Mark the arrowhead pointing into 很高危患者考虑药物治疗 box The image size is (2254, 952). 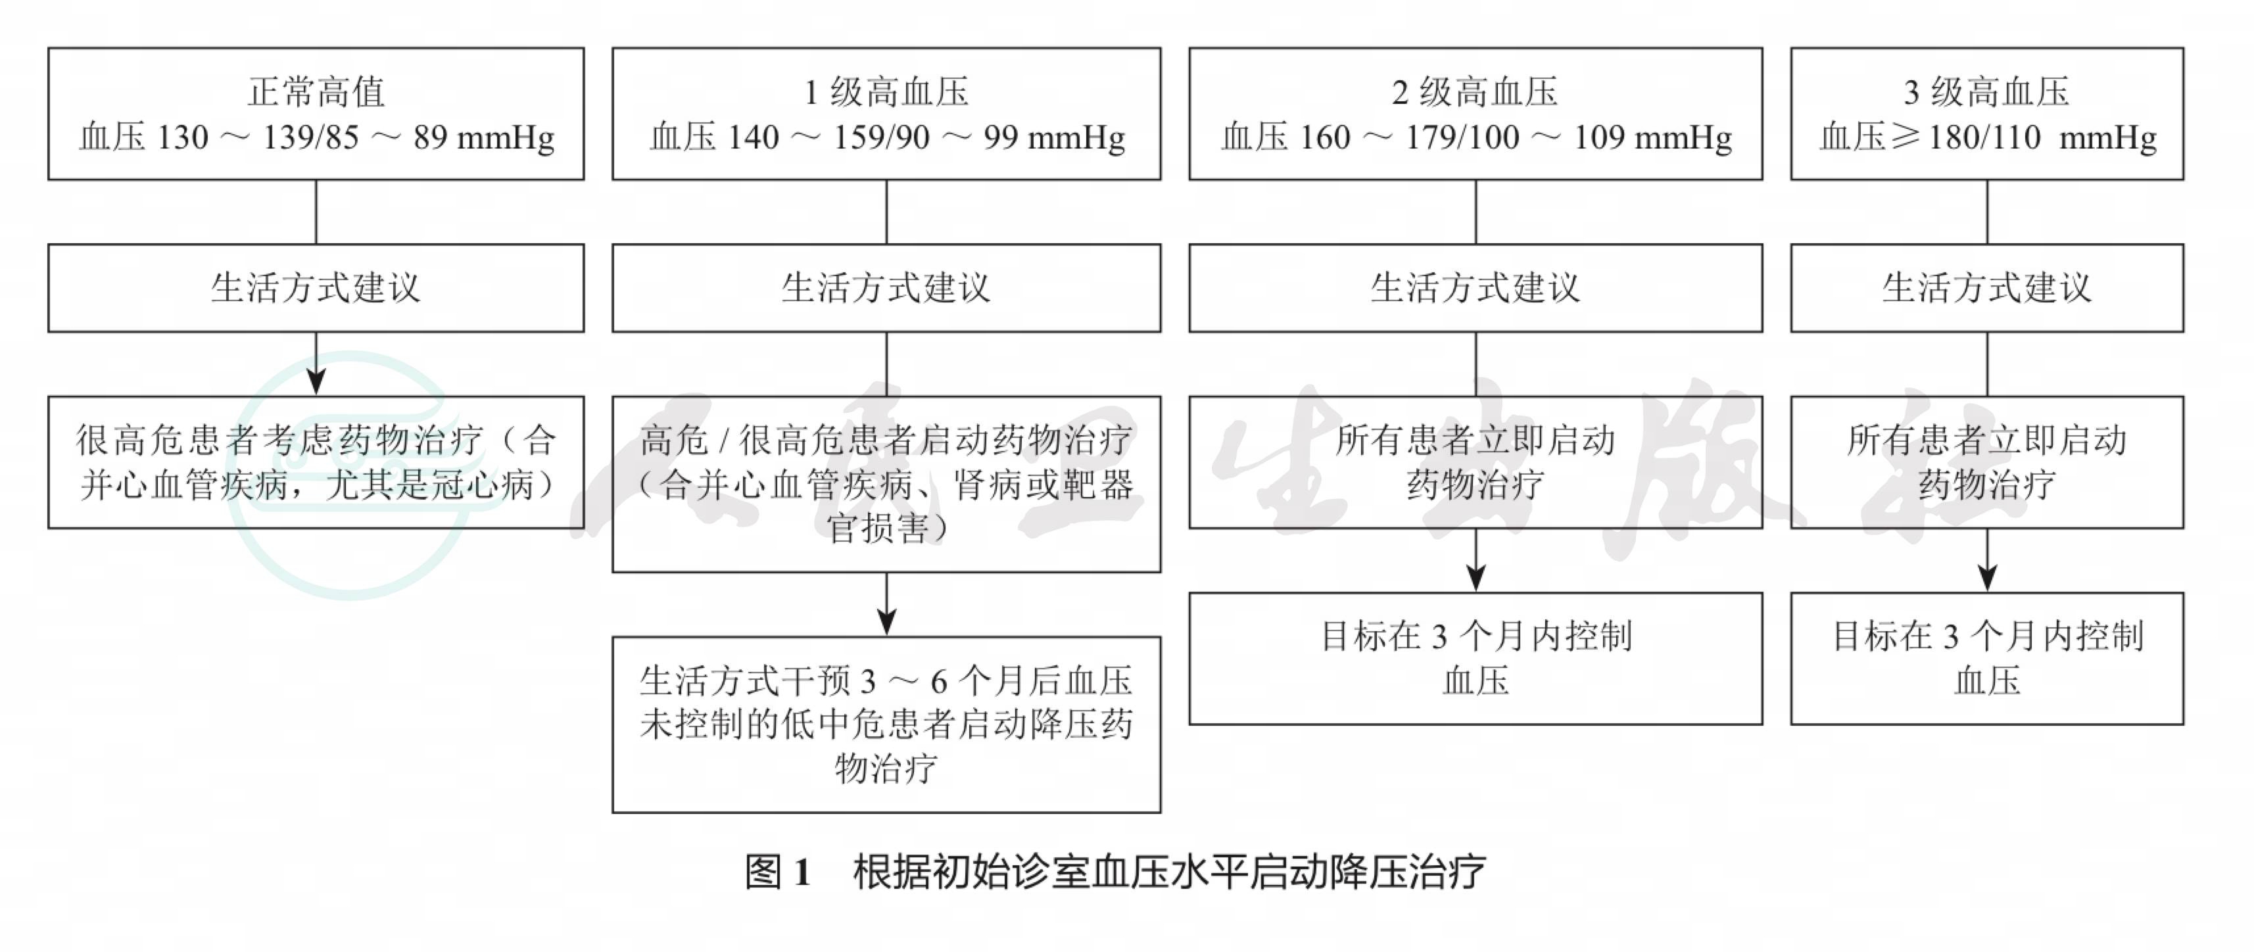tap(316, 383)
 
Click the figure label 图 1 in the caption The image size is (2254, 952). tap(778, 872)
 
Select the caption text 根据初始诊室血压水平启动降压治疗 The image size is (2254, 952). tap(1169, 872)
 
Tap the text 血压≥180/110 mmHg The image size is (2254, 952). tap(1988, 137)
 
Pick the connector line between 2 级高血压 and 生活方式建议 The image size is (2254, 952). tap(1475, 212)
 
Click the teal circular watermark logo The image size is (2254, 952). tap(350, 475)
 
